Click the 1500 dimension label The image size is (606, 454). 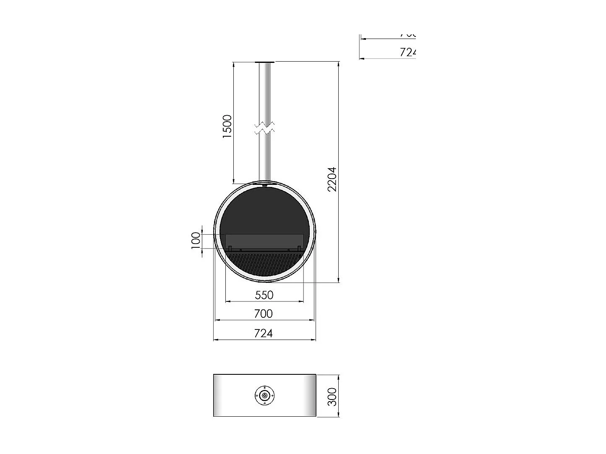(227, 126)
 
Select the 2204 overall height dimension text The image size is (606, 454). (332, 179)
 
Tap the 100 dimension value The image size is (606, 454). (196, 241)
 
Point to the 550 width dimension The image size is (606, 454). (264, 295)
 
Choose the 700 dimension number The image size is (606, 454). (263, 314)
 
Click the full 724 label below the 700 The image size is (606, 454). (264, 333)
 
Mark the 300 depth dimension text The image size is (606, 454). (332, 397)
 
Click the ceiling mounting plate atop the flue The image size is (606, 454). (265, 62)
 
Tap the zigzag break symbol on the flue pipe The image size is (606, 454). (265, 128)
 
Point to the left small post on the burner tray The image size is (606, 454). (230, 248)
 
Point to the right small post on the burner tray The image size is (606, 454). (299, 248)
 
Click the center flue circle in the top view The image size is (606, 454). (264, 395)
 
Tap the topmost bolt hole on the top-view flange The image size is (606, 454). (264, 387)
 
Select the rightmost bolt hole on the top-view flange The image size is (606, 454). (273, 395)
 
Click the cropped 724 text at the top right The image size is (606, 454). (407, 52)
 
